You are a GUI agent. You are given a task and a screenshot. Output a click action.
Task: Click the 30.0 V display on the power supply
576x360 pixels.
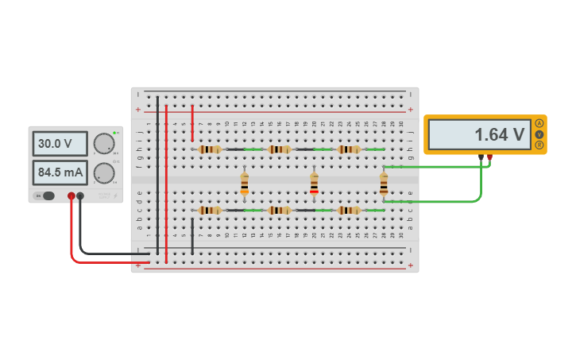60,144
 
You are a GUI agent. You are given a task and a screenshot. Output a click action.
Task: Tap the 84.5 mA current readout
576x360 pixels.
60,172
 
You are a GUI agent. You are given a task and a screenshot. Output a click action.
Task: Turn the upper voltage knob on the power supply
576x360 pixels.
103,144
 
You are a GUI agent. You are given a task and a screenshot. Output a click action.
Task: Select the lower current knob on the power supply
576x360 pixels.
103,172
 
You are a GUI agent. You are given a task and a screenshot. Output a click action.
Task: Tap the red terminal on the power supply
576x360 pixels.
72,195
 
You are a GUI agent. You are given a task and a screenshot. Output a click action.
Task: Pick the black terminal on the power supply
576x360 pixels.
80,195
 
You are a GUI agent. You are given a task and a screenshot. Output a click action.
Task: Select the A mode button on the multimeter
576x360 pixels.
539,123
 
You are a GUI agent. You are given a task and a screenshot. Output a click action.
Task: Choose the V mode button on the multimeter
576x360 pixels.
539,134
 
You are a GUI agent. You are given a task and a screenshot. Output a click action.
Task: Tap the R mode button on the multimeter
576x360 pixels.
539,145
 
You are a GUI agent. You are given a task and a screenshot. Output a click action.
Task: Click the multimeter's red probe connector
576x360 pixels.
489,157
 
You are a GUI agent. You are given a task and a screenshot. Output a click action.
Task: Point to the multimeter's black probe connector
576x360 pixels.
481,157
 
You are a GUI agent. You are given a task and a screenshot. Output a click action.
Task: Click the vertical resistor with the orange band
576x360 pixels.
244,184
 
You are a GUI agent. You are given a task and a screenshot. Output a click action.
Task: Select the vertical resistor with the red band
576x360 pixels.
314,184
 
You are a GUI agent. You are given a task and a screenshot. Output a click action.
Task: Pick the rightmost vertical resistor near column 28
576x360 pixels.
384,184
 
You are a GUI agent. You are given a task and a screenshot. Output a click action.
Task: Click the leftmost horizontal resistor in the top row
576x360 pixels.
210,149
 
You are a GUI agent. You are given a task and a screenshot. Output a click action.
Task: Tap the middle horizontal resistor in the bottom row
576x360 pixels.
279,210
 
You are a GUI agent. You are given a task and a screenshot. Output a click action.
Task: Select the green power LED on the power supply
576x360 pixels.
114,133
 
